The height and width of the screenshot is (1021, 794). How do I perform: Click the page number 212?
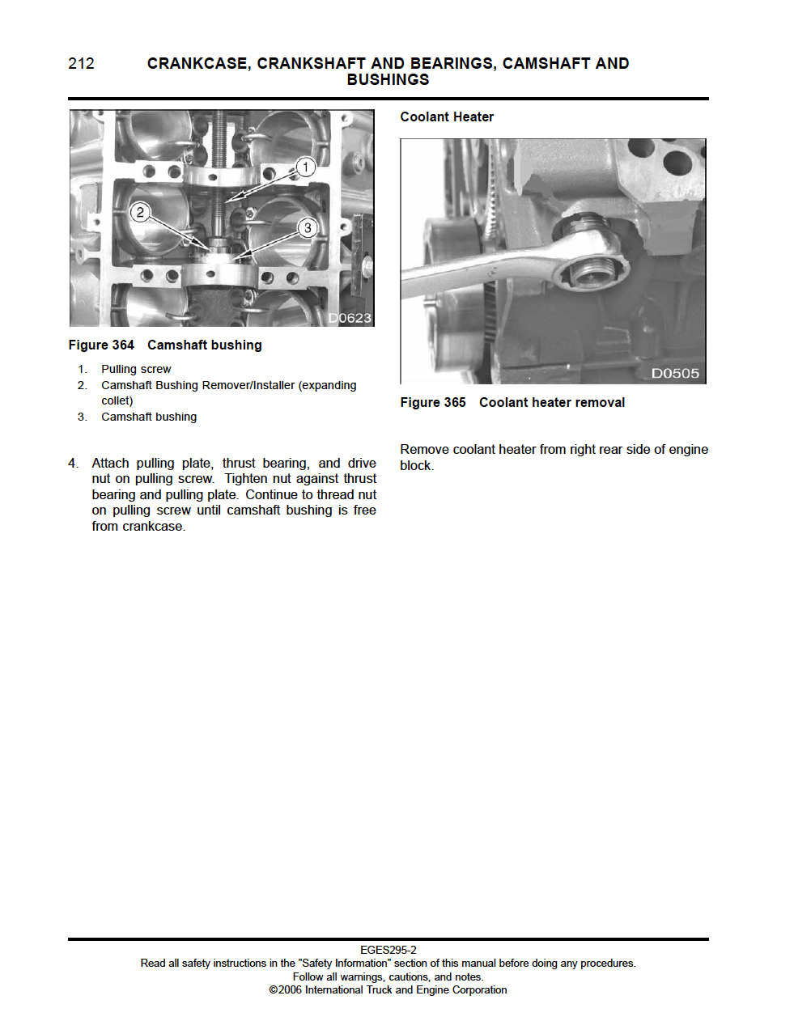(x=81, y=64)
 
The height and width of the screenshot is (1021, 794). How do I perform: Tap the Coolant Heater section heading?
(x=446, y=117)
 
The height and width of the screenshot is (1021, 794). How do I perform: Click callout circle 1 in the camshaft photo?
(x=305, y=167)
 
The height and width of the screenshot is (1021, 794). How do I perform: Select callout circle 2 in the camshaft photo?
(x=140, y=212)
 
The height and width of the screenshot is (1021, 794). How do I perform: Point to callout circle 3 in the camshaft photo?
(x=307, y=228)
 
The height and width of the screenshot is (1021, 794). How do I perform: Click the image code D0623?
(x=350, y=318)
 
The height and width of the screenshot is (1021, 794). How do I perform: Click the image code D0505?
(x=675, y=373)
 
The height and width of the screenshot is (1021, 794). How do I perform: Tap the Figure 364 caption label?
(x=101, y=345)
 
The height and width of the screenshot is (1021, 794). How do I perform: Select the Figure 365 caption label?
(x=433, y=403)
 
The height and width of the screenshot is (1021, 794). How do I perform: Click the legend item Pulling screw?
(x=136, y=369)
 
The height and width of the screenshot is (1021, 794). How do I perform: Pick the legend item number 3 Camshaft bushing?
(x=149, y=417)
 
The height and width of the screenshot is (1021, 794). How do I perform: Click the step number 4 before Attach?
(x=73, y=464)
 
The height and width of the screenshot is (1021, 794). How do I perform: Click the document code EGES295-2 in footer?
(x=389, y=950)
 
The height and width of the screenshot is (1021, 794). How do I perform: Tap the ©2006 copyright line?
(x=389, y=989)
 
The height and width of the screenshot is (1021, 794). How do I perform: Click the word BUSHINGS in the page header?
(x=388, y=80)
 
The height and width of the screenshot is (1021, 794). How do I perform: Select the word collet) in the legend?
(x=117, y=400)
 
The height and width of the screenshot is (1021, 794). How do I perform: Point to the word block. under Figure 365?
(x=417, y=466)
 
